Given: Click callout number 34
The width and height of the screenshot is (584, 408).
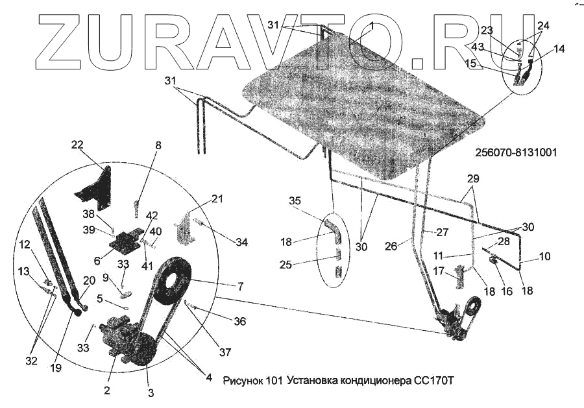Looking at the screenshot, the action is [x=241, y=243].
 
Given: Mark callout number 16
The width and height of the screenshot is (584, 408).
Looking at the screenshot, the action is [x=506, y=291].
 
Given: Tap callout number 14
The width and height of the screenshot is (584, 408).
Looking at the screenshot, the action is [x=559, y=48].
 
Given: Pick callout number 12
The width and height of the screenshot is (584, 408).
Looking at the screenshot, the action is [x=24, y=245].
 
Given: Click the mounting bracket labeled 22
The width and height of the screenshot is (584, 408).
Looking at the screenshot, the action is [x=96, y=187].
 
